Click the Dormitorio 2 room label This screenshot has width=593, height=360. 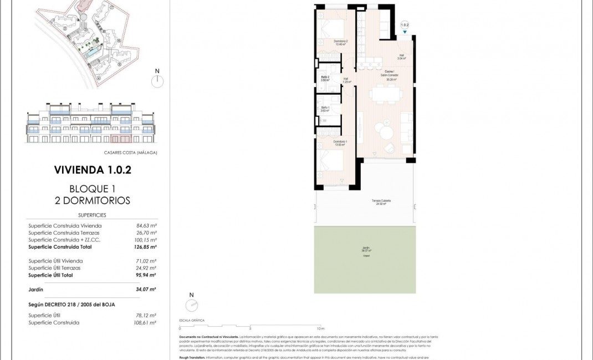340,42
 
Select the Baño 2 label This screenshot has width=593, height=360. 325,78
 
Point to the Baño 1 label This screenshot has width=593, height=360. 325,109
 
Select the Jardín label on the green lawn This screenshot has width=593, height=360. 366,249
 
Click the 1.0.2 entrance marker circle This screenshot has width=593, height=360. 405,25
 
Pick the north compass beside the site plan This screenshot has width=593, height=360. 157,81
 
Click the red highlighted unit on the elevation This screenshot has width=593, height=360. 121,138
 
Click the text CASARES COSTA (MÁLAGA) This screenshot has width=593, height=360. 130,152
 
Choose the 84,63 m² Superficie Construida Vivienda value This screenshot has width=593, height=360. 146,225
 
